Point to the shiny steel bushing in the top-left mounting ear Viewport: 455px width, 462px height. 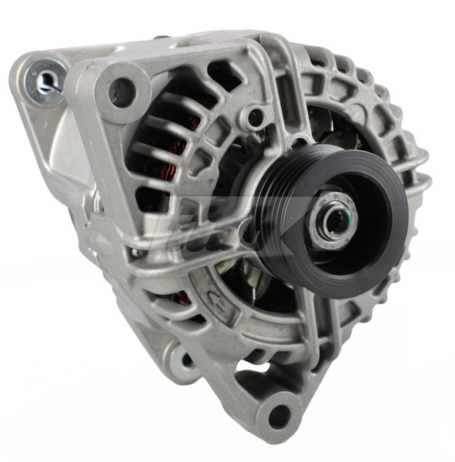(x=45, y=80)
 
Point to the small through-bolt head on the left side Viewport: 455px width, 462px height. (x=137, y=252)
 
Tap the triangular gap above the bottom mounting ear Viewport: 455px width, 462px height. (x=254, y=377)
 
